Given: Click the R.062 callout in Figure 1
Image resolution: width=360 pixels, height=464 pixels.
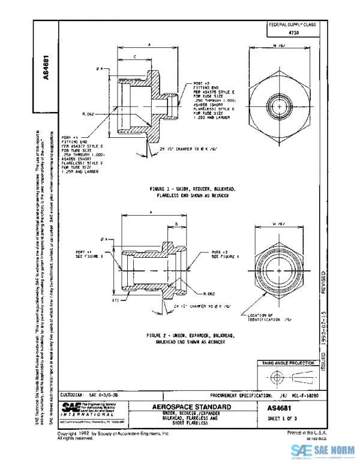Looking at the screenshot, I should tap(107, 112).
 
